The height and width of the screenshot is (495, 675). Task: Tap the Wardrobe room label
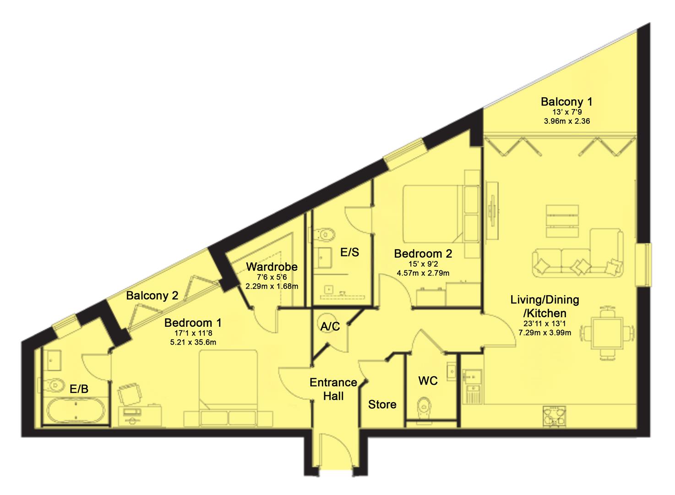[272, 267]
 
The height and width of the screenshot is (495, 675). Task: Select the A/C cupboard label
[330, 326]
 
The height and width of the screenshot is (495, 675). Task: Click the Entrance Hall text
[333, 389]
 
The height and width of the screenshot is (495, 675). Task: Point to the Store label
[382, 404]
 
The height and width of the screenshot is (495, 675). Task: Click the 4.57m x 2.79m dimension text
[423, 273]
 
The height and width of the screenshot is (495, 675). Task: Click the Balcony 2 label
[152, 296]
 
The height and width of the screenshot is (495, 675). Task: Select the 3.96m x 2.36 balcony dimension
[567, 121]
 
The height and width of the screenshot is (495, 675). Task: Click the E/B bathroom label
[79, 389]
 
